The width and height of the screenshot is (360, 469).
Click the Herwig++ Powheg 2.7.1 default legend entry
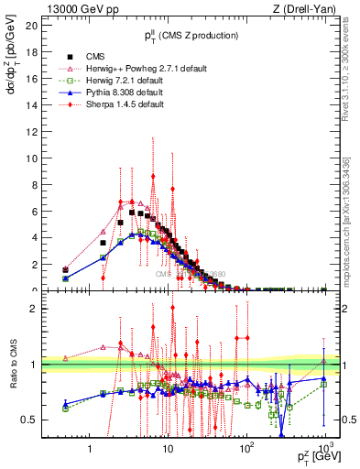pos(137,69)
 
